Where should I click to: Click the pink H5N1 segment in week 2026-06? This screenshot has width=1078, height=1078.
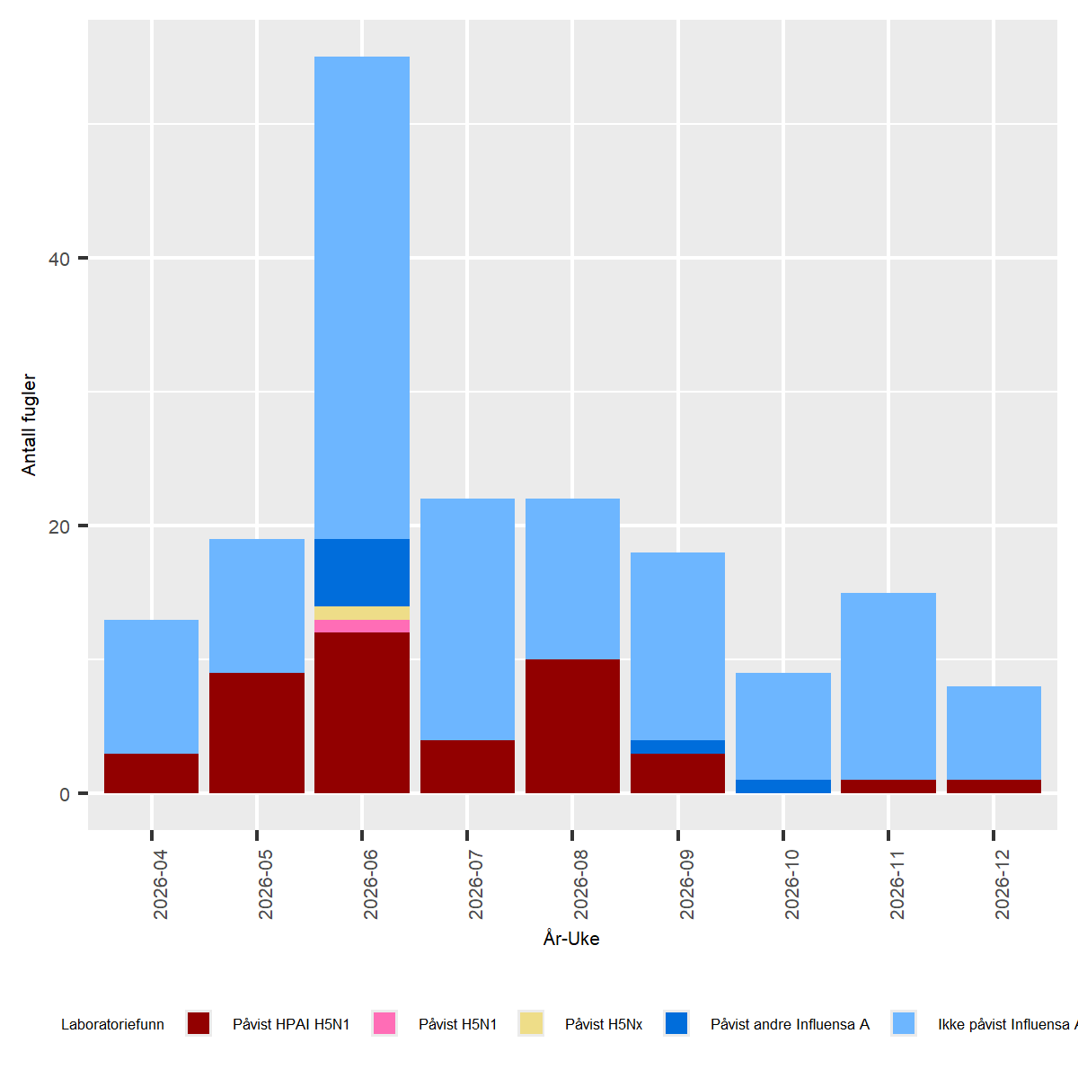(362, 626)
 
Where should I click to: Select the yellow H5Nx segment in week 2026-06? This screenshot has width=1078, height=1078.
(362, 613)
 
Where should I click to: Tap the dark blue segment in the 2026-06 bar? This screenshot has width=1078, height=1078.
(362, 572)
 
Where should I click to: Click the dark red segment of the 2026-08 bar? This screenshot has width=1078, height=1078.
(572, 726)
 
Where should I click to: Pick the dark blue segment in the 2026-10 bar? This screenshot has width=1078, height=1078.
(783, 786)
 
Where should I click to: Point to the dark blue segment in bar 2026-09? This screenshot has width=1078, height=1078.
(677, 747)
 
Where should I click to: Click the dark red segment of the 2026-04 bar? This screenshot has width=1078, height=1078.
(151, 773)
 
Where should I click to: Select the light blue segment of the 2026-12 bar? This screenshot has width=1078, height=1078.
(994, 732)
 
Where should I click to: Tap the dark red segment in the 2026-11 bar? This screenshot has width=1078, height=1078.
(888, 786)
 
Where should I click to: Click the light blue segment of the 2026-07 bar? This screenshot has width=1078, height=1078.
(467, 619)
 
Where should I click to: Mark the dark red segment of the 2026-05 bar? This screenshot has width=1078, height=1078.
(257, 732)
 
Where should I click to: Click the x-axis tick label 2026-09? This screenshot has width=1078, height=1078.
(687, 884)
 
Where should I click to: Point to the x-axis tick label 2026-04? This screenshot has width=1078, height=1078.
(161, 884)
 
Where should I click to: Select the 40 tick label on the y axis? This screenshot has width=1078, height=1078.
(58, 259)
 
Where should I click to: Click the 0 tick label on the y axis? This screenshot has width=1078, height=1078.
(64, 794)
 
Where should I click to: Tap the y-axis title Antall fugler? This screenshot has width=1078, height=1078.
(29, 425)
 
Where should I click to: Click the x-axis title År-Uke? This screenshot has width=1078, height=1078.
(571, 939)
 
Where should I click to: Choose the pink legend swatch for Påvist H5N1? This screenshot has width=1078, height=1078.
(384, 1023)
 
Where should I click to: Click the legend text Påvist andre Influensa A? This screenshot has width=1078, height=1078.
(790, 1024)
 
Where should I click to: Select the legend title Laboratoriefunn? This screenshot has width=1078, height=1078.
(112, 1024)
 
